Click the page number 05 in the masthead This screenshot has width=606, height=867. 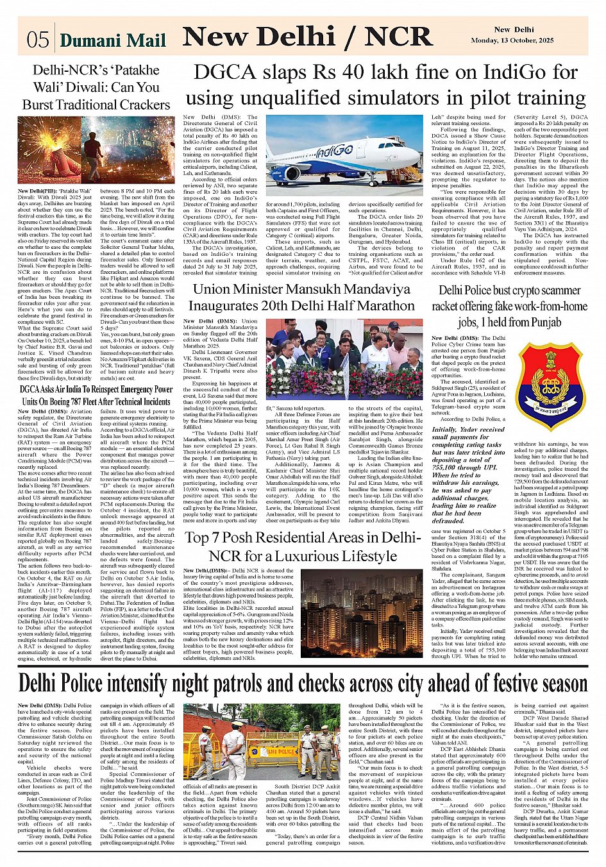pyautogui.click(x=38, y=40)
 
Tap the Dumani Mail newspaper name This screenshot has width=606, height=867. pyautogui.click(x=113, y=41)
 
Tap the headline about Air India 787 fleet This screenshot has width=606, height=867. pyautogui.click(x=96, y=395)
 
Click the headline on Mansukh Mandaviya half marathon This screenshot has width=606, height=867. pyautogui.click(x=302, y=297)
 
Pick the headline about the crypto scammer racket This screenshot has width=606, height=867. pyautogui.click(x=510, y=306)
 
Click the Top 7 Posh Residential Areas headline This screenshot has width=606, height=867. pyautogui.click(x=302, y=546)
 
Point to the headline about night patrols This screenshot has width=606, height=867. pyautogui.click(x=303, y=682)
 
